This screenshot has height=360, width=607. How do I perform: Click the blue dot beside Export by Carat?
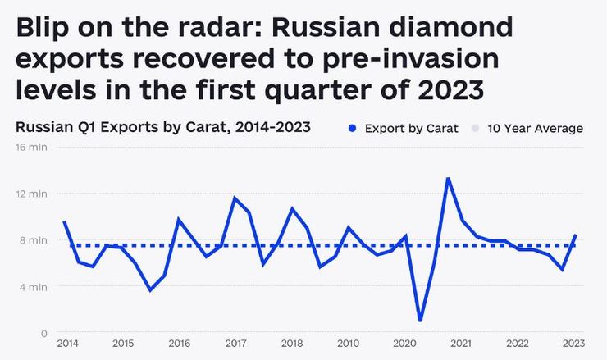point(352,129)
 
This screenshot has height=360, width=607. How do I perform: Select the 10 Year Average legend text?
point(535,129)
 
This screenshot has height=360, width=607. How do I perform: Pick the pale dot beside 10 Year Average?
point(475,129)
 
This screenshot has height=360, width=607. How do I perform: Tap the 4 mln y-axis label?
point(34,287)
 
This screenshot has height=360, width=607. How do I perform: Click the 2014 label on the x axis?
point(67,344)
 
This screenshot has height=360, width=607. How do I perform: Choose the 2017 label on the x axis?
point(236,344)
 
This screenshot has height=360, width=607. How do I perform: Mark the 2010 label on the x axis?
point(349,344)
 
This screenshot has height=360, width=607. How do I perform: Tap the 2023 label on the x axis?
point(574,344)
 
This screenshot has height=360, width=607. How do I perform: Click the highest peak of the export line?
point(448,178)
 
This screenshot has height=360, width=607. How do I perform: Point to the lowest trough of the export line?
point(420,321)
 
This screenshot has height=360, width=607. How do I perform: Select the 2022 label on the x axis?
point(518,344)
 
